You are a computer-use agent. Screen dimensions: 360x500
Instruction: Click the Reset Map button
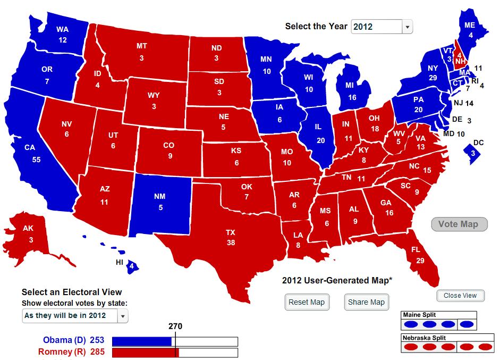pos(306,302)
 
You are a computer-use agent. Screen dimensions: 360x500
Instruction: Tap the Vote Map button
pos(458,224)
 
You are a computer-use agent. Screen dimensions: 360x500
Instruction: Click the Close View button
pos(460,296)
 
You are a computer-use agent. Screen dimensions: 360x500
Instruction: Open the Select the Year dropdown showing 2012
pos(382,27)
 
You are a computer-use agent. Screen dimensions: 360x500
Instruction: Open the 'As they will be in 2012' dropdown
pos(75,315)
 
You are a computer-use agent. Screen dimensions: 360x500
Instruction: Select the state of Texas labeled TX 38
pos(230,237)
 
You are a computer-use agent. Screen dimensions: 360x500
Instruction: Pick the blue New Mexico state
pos(159,202)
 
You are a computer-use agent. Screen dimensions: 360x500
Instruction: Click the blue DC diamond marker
pos(473,154)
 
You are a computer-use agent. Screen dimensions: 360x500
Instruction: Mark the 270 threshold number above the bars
pos(175,326)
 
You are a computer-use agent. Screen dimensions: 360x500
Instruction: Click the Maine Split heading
pos(420,314)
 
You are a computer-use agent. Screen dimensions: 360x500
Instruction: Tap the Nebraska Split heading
pos(423,338)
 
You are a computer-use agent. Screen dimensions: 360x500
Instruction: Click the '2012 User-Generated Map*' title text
pos(337,280)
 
